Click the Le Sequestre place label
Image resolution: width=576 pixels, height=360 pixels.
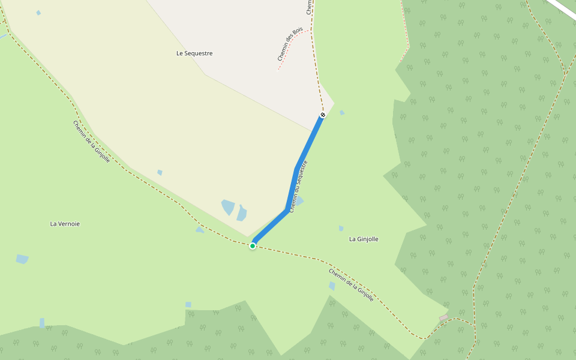coord(194,53)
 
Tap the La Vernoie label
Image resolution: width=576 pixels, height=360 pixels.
coord(65,224)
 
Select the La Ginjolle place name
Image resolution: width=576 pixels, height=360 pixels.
coord(364,239)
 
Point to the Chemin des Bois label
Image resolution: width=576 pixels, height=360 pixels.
coord(290,44)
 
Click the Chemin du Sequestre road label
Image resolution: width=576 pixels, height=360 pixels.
coord(298,186)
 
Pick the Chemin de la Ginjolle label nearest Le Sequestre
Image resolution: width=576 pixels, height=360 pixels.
coord(91,142)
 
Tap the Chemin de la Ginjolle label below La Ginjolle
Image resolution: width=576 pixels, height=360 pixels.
coord(351,284)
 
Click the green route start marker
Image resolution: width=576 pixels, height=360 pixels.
coord(253,246)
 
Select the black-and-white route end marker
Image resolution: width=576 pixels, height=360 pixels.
coord(323,115)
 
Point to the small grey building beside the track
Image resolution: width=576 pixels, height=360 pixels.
coord(443,317)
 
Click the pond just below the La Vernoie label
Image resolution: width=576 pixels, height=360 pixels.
coord(22,259)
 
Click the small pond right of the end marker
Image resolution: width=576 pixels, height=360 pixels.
coord(342,112)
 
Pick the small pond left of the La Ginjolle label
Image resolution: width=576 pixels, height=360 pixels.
coord(341,228)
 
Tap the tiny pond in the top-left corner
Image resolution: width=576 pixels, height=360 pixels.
coord(38,13)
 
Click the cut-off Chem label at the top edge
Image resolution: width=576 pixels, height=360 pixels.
coord(310,7)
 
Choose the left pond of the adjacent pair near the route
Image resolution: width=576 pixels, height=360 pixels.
coord(228,207)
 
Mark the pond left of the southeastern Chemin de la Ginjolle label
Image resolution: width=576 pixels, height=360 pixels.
coord(332,286)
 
